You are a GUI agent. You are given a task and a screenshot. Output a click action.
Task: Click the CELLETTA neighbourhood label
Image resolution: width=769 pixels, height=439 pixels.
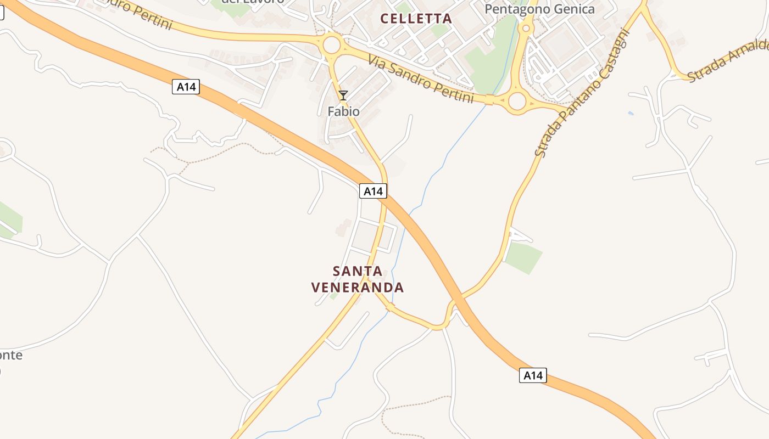tap(416, 19)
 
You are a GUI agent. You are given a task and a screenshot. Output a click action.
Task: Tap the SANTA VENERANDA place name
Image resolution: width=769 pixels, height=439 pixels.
tap(358, 279)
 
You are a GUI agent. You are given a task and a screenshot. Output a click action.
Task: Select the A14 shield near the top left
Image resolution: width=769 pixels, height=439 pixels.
tap(186, 87)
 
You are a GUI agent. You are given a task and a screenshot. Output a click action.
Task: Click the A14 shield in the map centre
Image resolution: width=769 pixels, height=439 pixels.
tap(373, 191)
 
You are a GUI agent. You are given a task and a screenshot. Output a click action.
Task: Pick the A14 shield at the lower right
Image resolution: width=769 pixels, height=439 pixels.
tap(533, 375)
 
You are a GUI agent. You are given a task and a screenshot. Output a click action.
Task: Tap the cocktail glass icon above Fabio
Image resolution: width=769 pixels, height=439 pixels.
tap(343, 95)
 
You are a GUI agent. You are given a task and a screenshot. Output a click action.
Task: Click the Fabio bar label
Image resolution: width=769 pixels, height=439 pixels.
tap(343, 111)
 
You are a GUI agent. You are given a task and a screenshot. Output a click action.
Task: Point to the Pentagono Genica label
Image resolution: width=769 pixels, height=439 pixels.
tap(539, 9)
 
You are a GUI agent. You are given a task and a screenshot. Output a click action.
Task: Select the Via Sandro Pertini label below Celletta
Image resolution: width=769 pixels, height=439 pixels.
tap(421, 78)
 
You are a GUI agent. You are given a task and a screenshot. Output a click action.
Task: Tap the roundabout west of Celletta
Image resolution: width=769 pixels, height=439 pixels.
tap(332, 45)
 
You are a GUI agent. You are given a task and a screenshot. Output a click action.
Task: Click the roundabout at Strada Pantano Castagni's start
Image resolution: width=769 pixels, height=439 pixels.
tap(517, 101)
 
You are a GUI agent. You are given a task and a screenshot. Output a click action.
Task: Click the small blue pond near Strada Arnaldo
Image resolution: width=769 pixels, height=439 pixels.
tap(630, 114)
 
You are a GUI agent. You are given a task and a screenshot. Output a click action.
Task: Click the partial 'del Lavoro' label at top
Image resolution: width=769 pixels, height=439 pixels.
tap(252, 2)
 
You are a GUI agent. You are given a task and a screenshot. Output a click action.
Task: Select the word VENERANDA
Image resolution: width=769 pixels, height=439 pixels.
tap(358, 288)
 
